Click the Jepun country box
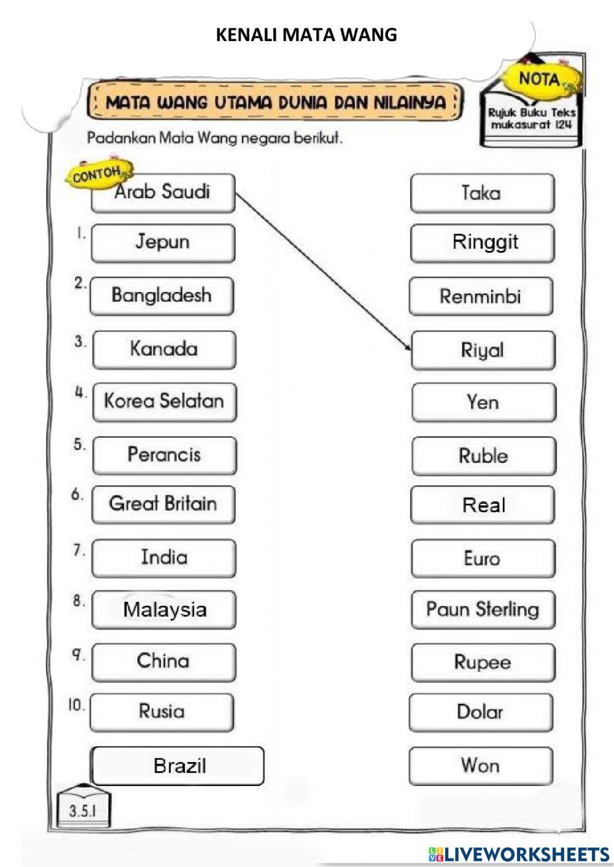click(163, 243)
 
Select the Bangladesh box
click(162, 296)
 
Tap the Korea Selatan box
click(165, 402)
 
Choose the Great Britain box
click(163, 505)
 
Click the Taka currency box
click(482, 193)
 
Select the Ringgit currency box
click(482, 243)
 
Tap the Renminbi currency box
click(481, 296)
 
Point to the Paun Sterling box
click(483, 610)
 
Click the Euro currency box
click(483, 558)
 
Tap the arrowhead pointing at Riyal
click(408, 347)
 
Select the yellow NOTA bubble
click(541, 79)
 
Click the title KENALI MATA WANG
click(306, 35)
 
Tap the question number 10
click(76, 704)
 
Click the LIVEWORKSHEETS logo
click(519, 854)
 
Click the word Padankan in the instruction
click(121, 138)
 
